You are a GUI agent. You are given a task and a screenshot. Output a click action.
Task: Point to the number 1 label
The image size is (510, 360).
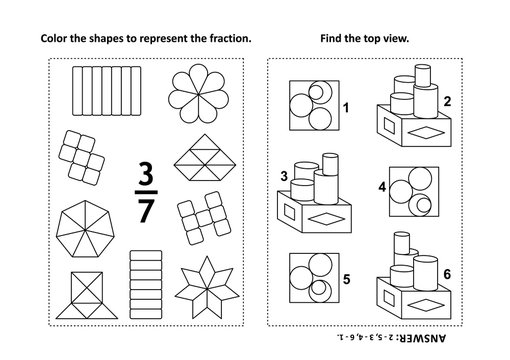tap(347, 106)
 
